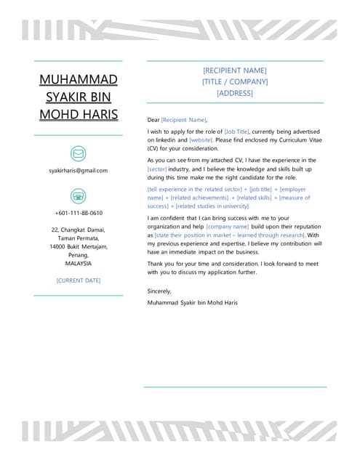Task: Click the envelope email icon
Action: [x=79, y=153]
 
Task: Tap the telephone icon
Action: [x=79, y=195]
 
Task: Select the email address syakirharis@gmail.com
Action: [x=79, y=171]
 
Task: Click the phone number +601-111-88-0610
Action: [x=79, y=213]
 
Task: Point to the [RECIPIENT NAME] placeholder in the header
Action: [x=235, y=70]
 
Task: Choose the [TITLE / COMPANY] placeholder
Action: [x=235, y=82]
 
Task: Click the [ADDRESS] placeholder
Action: [x=235, y=93]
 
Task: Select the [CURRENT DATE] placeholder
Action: [x=79, y=280]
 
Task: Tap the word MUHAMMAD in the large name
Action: [x=79, y=79]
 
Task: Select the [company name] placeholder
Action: [x=228, y=227]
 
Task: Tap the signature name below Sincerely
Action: [x=192, y=302]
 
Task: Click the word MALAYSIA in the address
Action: [x=79, y=263]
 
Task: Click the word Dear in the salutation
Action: [x=153, y=120]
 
